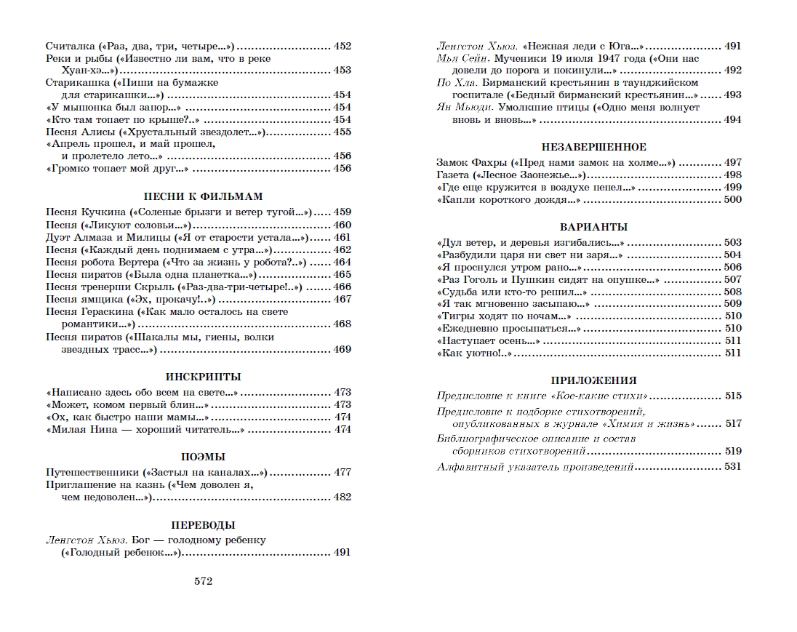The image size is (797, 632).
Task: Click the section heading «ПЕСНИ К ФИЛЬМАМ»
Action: (x=198, y=196)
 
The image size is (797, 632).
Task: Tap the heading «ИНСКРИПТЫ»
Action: (x=198, y=377)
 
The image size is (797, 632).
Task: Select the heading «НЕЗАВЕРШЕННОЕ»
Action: (x=589, y=147)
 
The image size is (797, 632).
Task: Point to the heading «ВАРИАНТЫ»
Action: (x=589, y=226)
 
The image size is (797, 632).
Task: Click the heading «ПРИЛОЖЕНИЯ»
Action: (x=589, y=380)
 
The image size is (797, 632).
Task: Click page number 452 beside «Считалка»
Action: (x=342, y=46)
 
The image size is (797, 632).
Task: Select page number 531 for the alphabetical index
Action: (x=732, y=466)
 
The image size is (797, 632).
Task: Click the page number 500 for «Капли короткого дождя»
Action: (x=732, y=199)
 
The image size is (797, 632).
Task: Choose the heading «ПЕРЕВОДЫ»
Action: (x=198, y=524)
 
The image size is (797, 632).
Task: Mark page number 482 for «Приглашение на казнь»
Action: (x=342, y=497)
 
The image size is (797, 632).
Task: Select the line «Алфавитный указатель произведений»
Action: (x=535, y=466)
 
